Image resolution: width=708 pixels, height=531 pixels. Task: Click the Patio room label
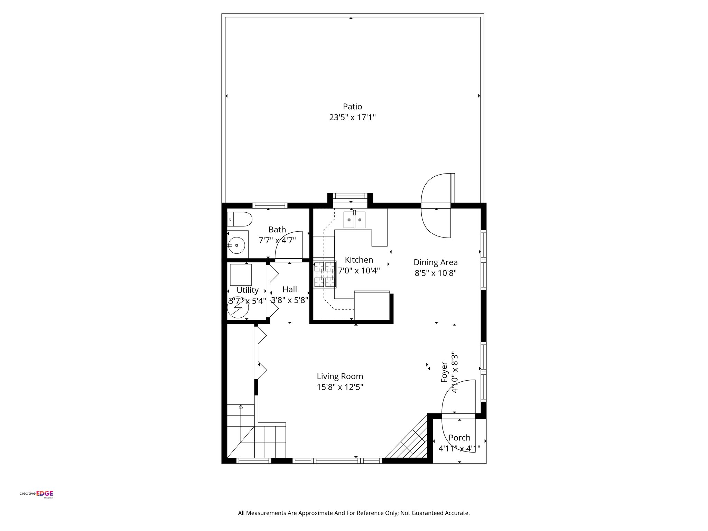pyautogui.click(x=352, y=106)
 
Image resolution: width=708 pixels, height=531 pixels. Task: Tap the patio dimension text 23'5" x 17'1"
pyautogui.click(x=352, y=118)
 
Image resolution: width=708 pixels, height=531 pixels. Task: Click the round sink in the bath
pyautogui.click(x=236, y=245)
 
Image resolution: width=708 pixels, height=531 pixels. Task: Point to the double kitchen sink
pyautogui.click(x=354, y=220)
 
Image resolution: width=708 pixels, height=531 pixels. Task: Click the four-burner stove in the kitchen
pyautogui.click(x=325, y=274)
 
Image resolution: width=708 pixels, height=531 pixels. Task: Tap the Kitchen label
pyautogui.click(x=359, y=260)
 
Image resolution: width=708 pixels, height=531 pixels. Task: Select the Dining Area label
pyautogui.click(x=436, y=262)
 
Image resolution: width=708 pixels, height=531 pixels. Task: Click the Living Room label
pyautogui.click(x=340, y=376)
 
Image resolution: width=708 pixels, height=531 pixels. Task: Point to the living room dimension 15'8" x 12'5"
pyautogui.click(x=340, y=387)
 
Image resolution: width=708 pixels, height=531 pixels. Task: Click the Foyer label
pyautogui.click(x=444, y=372)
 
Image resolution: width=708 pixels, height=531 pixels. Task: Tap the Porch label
pyautogui.click(x=459, y=438)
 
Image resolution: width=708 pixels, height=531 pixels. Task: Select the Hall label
pyautogui.click(x=289, y=289)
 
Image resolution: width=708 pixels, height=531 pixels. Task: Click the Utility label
pyautogui.click(x=248, y=290)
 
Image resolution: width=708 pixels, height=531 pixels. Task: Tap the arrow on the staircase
pyautogui.click(x=241, y=407)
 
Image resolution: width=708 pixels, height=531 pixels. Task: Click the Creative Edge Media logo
pyautogui.click(x=36, y=494)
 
